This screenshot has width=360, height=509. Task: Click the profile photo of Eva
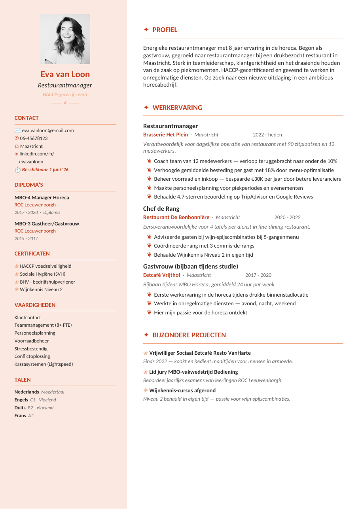tap(65, 39)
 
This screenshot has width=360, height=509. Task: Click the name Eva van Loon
tap(65, 74)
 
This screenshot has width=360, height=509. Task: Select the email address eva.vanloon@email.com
tap(48, 131)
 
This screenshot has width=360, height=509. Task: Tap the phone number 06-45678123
tap(34, 138)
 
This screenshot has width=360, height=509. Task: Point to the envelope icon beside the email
tap(17, 131)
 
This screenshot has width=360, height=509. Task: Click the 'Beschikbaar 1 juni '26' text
tap(45, 170)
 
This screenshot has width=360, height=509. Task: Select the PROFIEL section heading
tap(165, 30)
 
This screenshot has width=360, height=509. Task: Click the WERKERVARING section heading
tap(177, 108)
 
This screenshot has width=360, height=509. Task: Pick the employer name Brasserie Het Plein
tap(165, 135)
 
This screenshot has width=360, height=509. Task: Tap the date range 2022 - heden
tap(267, 135)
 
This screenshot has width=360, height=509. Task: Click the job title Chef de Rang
tap(161, 209)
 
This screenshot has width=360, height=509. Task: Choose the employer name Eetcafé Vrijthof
tap(162, 275)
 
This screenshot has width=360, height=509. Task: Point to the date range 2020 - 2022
tap(287, 218)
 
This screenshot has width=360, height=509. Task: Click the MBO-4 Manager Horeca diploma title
tap(42, 198)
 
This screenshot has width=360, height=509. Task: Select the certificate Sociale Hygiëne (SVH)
tap(42, 274)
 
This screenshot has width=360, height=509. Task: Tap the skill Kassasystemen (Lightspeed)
tap(44, 364)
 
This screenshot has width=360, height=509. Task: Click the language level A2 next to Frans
tap(31, 416)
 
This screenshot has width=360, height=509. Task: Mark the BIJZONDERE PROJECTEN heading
tap(189, 335)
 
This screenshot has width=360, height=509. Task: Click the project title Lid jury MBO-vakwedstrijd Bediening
tap(193, 372)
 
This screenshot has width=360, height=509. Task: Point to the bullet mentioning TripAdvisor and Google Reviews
tap(233, 197)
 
